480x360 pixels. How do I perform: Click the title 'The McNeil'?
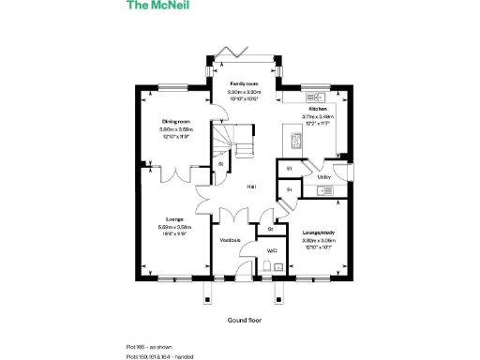pyautogui.click(x=153, y=6)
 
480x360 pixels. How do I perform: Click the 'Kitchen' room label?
pyautogui.click(x=318, y=109)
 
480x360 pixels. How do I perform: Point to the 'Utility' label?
pyautogui.click(x=324, y=176)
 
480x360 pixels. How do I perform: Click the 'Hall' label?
pyautogui.click(x=251, y=187)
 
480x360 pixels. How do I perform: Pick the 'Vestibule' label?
pyautogui.click(x=230, y=240)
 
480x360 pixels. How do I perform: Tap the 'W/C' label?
pyautogui.click(x=272, y=251)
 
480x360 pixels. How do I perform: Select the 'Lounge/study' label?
pyautogui.click(x=318, y=231)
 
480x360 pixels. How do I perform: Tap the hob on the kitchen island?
pyautogui.click(x=294, y=142)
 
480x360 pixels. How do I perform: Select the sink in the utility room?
pyautogui.click(x=325, y=191)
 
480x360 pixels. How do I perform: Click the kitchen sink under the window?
pyautogui.click(x=313, y=95)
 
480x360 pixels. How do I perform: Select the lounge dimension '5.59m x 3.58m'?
pyautogui.click(x=174, y=227)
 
